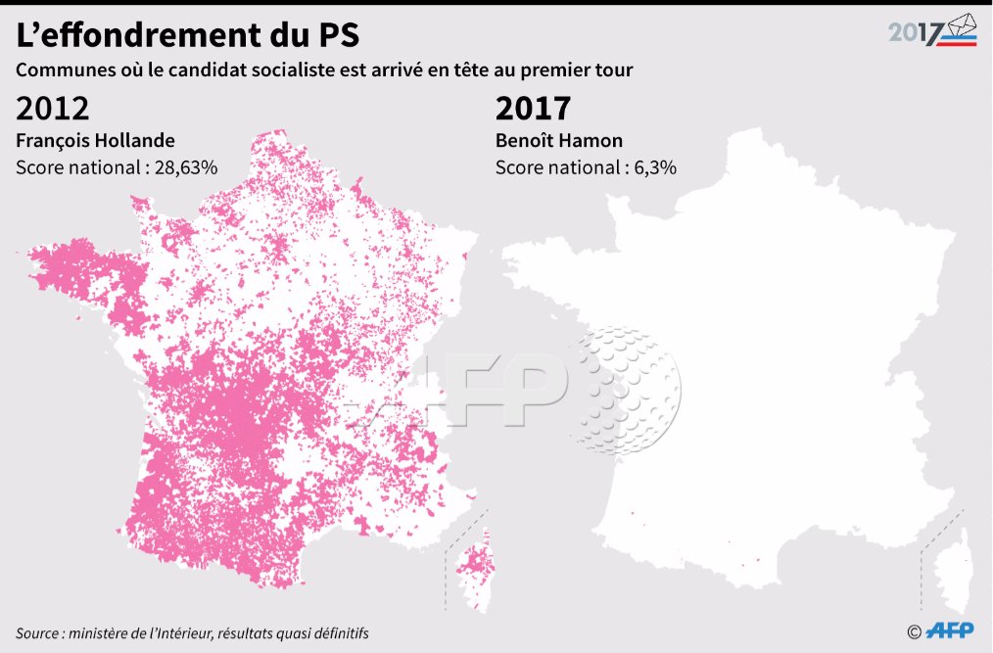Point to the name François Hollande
coord(95,140)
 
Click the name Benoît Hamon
coord(559,140)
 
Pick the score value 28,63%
coord(185,166)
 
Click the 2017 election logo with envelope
coord(932,31)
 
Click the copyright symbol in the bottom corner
coord(914,631)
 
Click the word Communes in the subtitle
coord(61,71)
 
